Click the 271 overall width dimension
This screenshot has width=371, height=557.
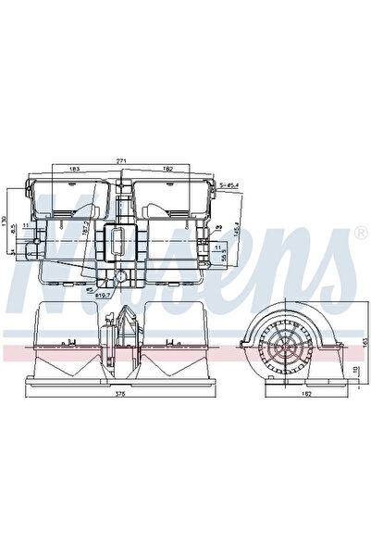(118, 160)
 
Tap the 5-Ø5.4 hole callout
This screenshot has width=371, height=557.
(229, 185)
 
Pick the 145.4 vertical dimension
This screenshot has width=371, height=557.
(237, 227)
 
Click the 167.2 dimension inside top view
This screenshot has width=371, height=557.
(85, 228)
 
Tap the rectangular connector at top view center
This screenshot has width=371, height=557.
(117, 241)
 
